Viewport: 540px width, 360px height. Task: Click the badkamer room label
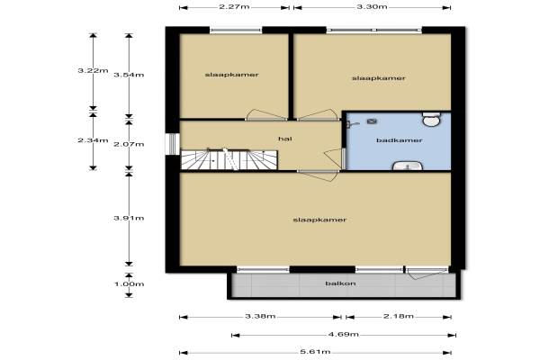[x=399, y=140]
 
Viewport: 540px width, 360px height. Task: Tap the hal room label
[x=285, y=139]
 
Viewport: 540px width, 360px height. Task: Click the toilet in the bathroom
[x=431, y=119]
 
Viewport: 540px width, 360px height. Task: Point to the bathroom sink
[x=408, y=166]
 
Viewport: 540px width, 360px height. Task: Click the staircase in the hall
[x=229, y=159]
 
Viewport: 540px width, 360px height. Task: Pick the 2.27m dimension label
[x=234, y=6]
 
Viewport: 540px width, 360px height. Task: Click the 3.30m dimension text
[x=372, y=6]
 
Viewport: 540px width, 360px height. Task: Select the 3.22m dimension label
[x=93, y=70]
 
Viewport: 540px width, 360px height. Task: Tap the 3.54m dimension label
[x=129, y=75]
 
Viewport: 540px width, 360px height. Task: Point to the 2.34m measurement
[x=93, y=140]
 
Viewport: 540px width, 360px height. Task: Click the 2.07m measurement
[x=129, y=144]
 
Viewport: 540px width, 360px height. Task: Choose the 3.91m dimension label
[x=129, y=218]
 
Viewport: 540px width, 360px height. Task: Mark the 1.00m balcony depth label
[x=129, y=284]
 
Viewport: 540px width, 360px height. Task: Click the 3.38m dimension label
[x=260, y=316]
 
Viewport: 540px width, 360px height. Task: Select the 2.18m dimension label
[x=399, y=316]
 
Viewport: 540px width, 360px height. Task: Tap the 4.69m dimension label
[x=344, y=334]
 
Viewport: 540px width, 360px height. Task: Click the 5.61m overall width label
[x=315, y=352]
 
